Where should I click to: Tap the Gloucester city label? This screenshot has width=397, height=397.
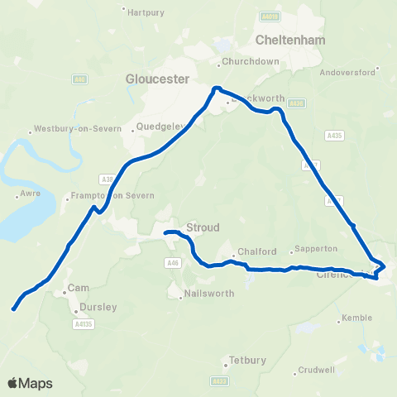click(158, 79)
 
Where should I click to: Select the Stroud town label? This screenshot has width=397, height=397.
click(203, 226)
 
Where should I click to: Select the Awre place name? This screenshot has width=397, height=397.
click(28, 197)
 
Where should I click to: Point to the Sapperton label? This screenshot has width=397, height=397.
click(318, 249)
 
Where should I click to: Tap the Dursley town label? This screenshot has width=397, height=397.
click(98, 307)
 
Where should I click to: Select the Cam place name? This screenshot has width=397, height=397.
click(78, 288)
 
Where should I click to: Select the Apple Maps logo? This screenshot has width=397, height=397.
click(30, 383)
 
